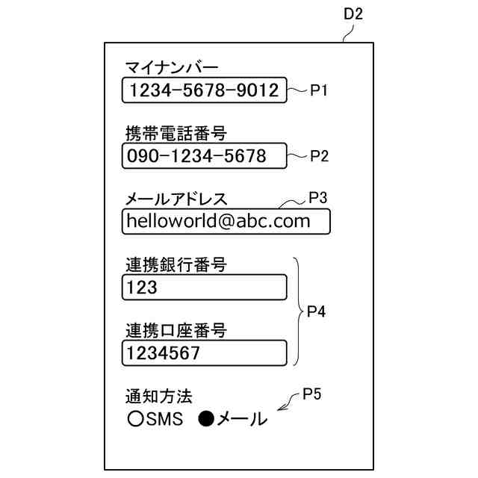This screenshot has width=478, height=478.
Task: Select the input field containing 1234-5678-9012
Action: point(203,91)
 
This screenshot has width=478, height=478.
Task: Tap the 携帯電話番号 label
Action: point(176,134)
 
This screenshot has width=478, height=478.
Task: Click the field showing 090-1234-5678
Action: point(203,156)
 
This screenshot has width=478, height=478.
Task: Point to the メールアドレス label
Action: point(176,199)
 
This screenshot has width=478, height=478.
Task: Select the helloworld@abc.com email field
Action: point(226,221)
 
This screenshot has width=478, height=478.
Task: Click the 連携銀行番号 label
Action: point(176,264)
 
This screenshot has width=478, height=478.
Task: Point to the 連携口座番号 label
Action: point(176,329)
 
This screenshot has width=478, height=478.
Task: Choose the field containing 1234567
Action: point(203,353)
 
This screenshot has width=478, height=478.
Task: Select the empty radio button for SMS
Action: point(135,420)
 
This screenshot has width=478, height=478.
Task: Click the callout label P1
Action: point(320,91)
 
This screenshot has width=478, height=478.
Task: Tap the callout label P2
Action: point(320,156)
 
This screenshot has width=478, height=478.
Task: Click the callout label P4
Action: point(317,312)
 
